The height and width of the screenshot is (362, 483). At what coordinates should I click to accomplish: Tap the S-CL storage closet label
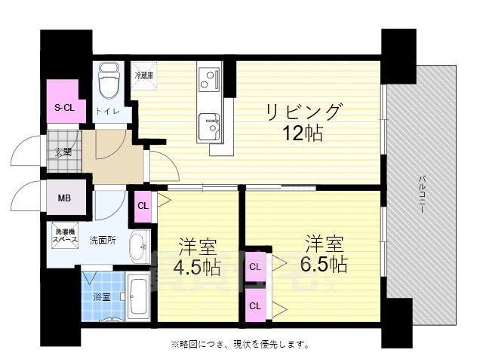[x=64, y=108]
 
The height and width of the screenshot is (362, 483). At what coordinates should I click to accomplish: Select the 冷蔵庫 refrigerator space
[x=144, y=75]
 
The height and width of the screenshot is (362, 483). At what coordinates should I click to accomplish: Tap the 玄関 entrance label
[x=63, y=152]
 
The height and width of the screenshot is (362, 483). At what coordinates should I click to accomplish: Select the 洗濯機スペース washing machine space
[x=64, y=235]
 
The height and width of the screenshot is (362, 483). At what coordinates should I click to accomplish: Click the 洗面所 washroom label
[x=103, y=241]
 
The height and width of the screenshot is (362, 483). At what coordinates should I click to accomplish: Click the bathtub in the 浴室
[x=139, y=297]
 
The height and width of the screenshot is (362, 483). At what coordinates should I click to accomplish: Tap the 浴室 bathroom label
[x=101, y=297]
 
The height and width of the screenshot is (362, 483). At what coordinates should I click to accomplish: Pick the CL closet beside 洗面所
[x=143, y=204]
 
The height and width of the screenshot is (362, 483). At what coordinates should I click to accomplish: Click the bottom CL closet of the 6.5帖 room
[x=255, y=305]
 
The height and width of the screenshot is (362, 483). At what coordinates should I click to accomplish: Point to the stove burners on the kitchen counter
[x=208, y=76]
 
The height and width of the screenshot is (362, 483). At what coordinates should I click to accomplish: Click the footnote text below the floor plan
[x=239, y=345]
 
